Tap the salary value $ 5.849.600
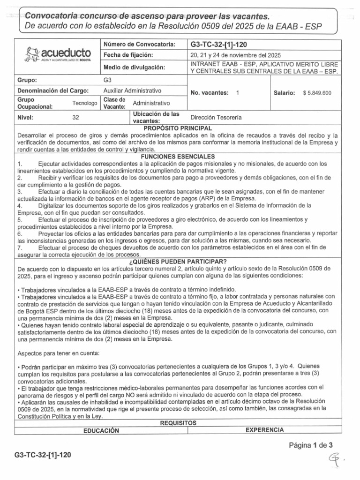click(x=317, y=93)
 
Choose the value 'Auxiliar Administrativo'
click(x=132, y=90)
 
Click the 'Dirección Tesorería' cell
click(x=216, y=117)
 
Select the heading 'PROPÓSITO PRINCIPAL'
click(x=178, y=128)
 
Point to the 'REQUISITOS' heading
click(x=178, y=422)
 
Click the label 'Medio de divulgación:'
click(x=135, y=68)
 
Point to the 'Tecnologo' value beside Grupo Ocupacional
click(x=85, y=103)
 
